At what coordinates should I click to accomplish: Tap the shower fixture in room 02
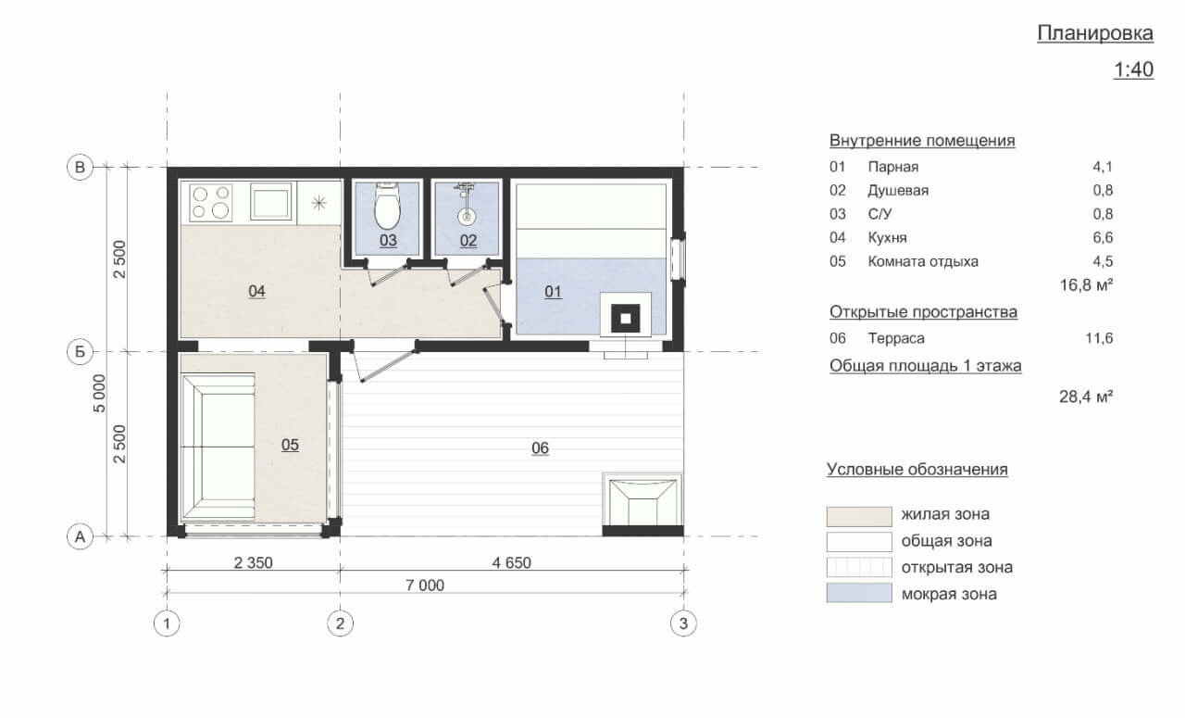[466, 203]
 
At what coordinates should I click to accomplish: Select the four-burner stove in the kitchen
[210, 203]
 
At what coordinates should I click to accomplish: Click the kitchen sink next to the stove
[270, 201]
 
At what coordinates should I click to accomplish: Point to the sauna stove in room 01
[625, 318]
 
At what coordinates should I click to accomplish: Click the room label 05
[290, 445]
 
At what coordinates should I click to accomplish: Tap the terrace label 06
[540, 448]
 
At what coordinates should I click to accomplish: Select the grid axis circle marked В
[80, 168]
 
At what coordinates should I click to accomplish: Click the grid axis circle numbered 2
[340, 624]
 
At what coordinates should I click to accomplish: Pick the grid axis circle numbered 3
[683, 624]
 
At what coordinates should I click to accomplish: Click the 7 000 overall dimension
[425, 586]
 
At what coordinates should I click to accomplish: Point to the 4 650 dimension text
[512, 562]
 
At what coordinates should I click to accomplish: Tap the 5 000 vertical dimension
[99, 394]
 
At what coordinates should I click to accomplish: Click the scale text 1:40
[1134, 69]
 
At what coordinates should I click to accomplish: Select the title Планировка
[1095, 33]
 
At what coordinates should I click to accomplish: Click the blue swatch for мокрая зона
[859, 593]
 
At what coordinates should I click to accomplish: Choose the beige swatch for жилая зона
[859, 516]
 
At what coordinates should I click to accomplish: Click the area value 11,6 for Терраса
[1099, 338]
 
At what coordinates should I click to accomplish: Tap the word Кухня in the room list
[887, 238]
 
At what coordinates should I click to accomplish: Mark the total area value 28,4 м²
[1086, 397]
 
